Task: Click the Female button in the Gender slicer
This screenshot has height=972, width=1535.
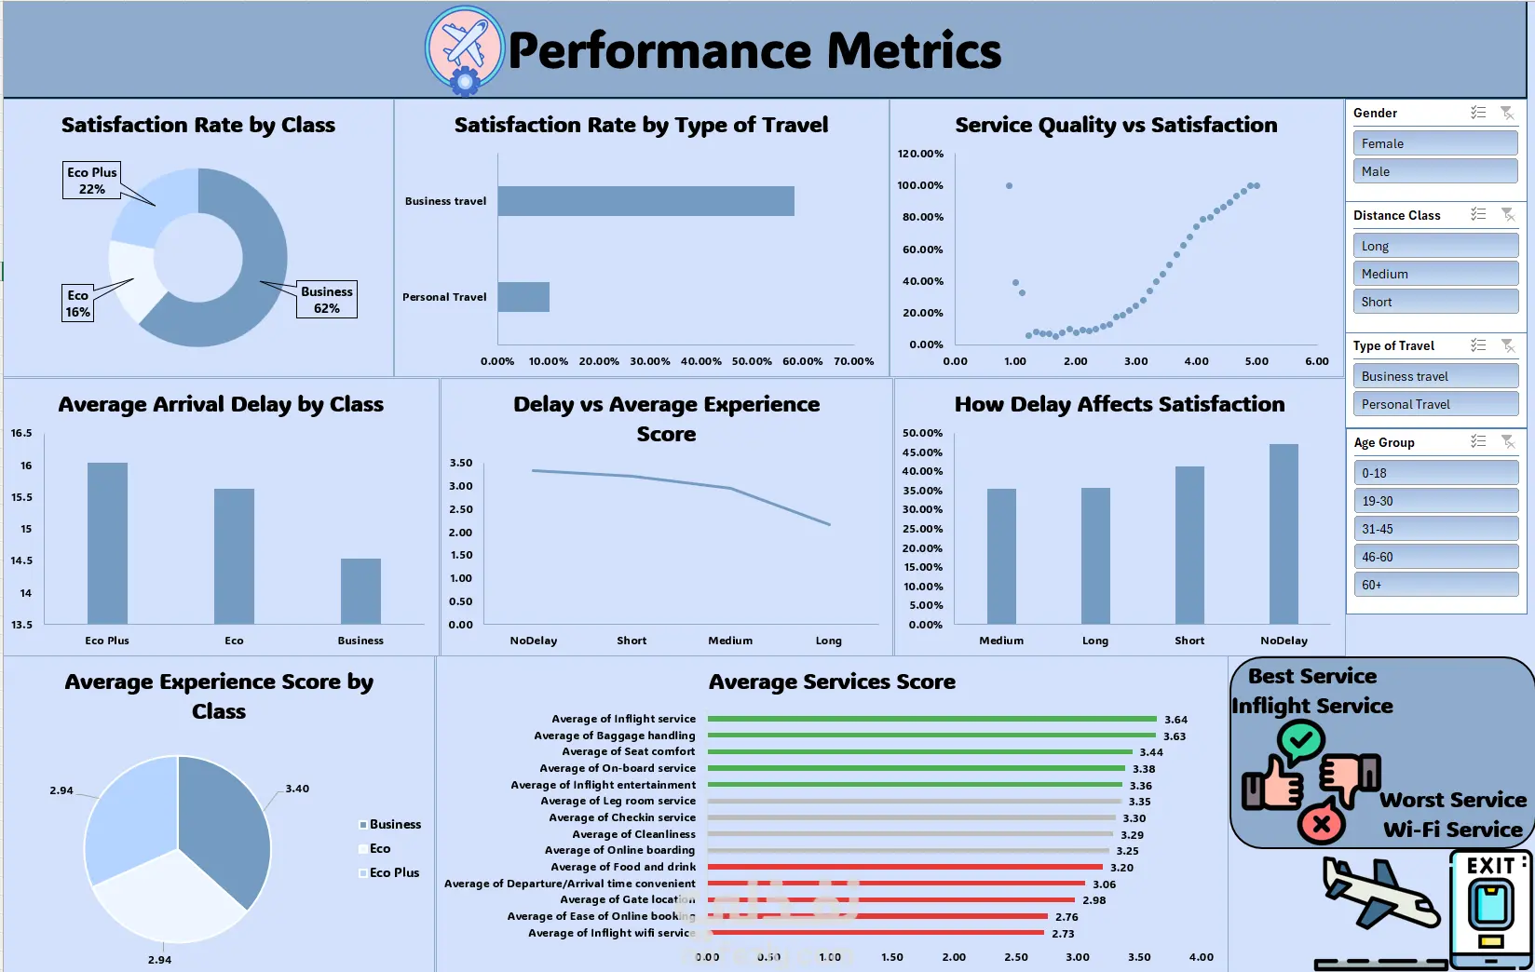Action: point(1434,143)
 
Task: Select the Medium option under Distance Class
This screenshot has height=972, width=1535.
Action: point(1434,274)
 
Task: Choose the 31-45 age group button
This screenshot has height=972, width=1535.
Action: point(1434,529)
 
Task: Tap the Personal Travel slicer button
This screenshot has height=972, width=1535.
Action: point(1434,404)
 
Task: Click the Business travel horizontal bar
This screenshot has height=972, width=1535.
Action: point(645,201)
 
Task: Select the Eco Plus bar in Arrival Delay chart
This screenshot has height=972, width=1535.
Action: point(107,543)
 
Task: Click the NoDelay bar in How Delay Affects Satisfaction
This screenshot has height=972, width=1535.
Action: point(1284,533)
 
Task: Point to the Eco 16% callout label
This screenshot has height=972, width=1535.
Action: point(78,304)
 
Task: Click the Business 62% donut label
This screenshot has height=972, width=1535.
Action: point(326,300)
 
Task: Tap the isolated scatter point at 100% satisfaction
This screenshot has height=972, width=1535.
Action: point(1009,186)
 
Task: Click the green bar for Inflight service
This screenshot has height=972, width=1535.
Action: point(931,719)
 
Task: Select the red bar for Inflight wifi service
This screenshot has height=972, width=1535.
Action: point(876,933)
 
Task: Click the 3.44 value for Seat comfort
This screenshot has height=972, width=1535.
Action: point(1151,752)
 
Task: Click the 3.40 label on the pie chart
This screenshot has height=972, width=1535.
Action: point(297,789)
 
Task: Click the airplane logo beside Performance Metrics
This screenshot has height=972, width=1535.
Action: point(465,47)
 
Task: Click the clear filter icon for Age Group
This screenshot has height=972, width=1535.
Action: point(1507,442)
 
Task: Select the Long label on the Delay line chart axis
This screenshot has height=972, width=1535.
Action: point(828,641)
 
